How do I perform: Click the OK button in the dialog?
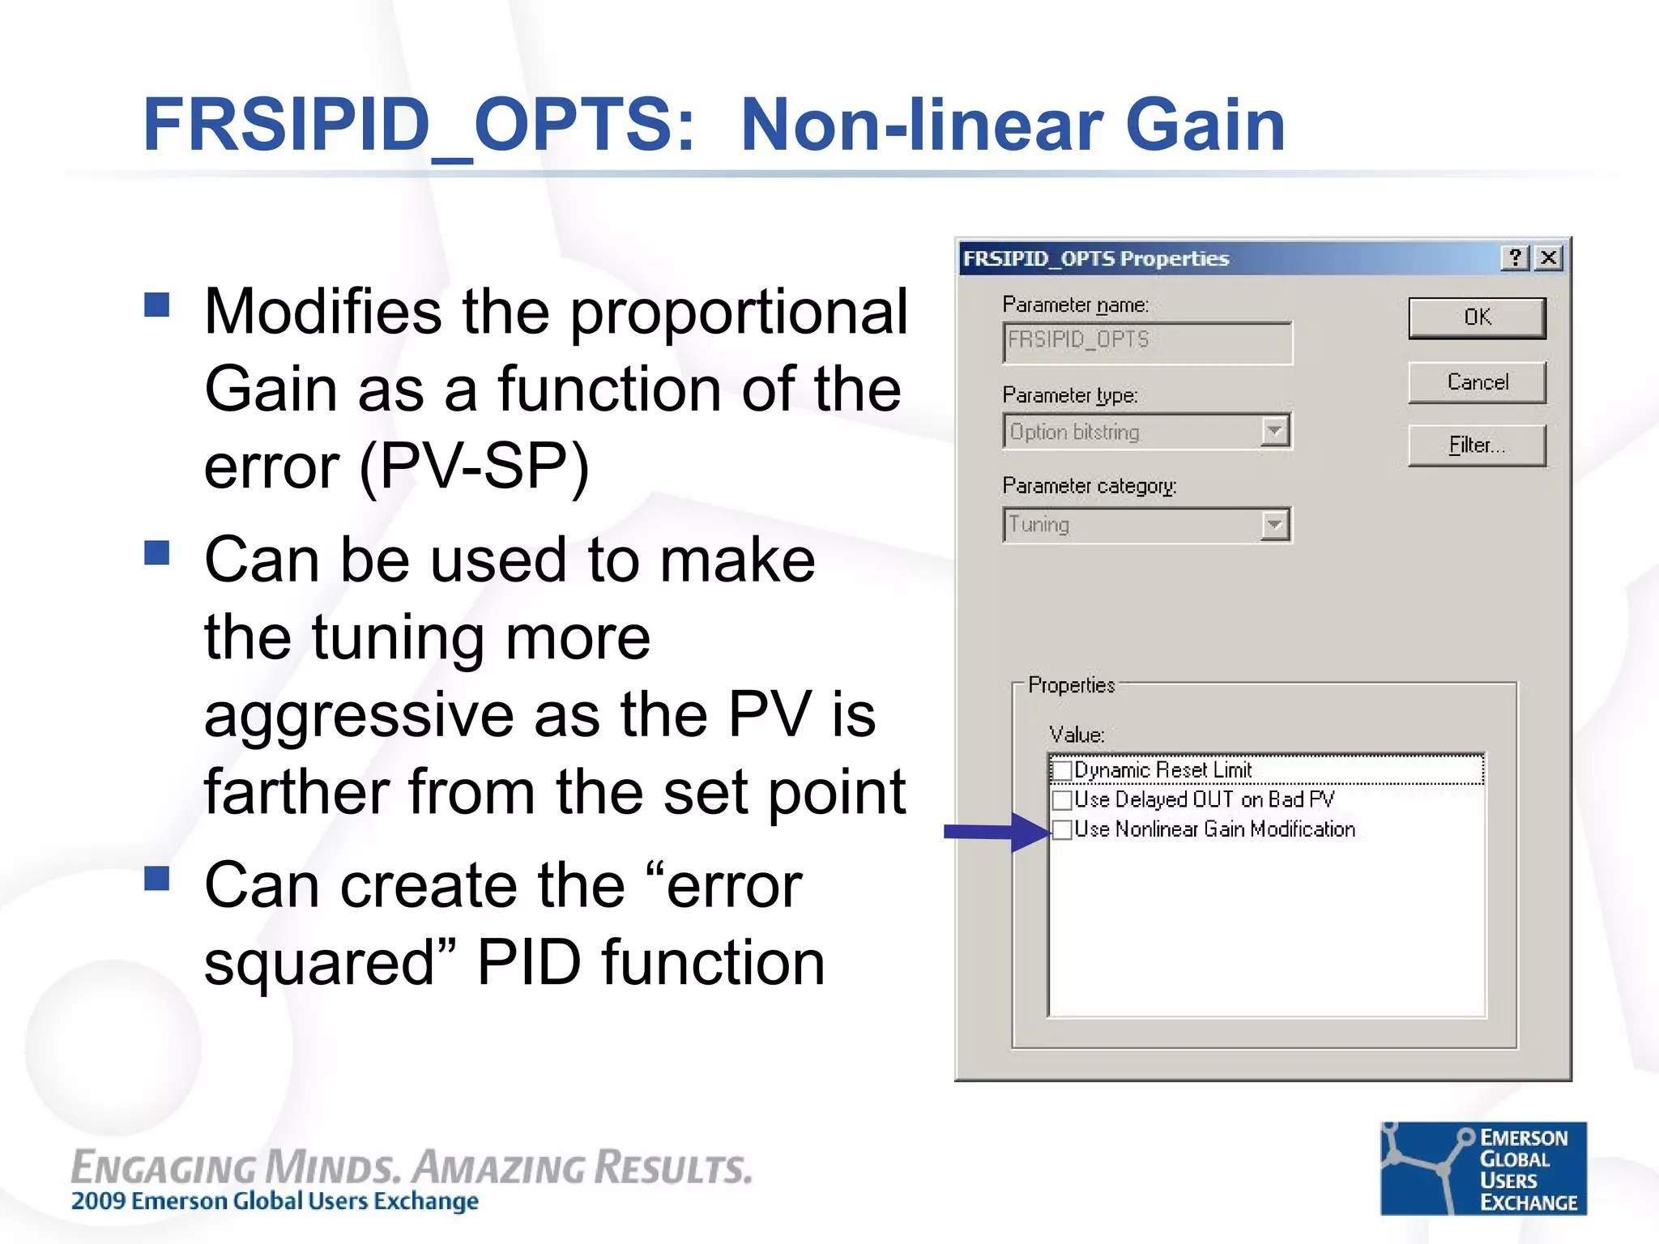pos(1476,317)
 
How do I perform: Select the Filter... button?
pos(1476,445)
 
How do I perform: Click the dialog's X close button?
pos(1548,258)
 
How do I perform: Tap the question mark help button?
pos(1515,258)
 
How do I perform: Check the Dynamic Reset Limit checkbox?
pos(1062,770)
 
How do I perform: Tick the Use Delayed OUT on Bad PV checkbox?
pos(1062,800)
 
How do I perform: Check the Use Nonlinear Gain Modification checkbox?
pos(1062,829)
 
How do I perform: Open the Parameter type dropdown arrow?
pos(1274,432)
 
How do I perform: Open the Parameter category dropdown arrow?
pos(1274,525)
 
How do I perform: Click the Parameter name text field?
pos(1146,341)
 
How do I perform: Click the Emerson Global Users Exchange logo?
pos(1482,1168)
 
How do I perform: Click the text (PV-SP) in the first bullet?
pos(474,467)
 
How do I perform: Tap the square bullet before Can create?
pos(157,878)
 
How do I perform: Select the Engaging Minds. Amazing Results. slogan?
pos(412,1168)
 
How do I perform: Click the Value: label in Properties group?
pos(1077,735)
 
